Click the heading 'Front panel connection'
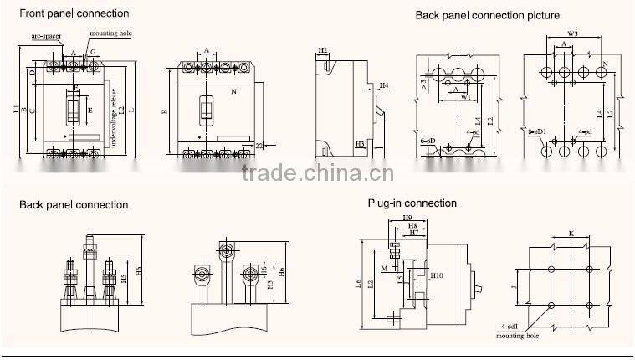(x=74, y=13)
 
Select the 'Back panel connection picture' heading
(x=488, y=15)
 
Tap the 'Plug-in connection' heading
(x=412, y=203)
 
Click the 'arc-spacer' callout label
(x=45, y=37)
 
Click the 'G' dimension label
(x=93, y=52)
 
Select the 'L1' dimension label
(x=17, y=110)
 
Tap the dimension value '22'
(x=259, y=146)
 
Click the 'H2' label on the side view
(x=323, y=50)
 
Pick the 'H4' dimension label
(x=383, y=85)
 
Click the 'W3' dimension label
(x=573, y=34)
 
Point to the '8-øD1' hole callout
(x=536, y=131)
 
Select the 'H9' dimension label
(x=407, y=218)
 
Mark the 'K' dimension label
(x=571, y=234)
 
